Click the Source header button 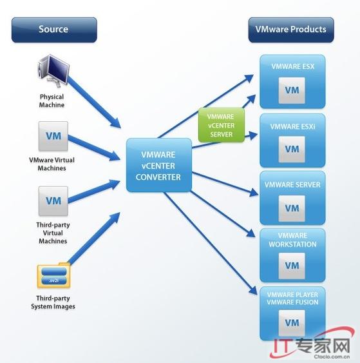(54, 30)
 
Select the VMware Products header (291, 30)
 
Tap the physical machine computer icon (53, 71)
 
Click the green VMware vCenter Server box (222, 125)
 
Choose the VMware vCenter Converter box (158, 165)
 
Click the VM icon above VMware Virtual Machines (53, 136)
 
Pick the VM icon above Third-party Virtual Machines (53, 201)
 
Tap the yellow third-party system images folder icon (53, 275)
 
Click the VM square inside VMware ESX (292, 90)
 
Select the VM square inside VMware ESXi (292, 150)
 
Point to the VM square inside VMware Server (292, 208)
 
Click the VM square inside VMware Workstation (292, 266)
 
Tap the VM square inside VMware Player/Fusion (292, 323)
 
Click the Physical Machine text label (52, 101)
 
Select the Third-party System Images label (53, 302)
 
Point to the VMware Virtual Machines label (52, 164)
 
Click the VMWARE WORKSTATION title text (292, 240)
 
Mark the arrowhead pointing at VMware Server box (254, 193)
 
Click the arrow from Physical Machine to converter (94, 103)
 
